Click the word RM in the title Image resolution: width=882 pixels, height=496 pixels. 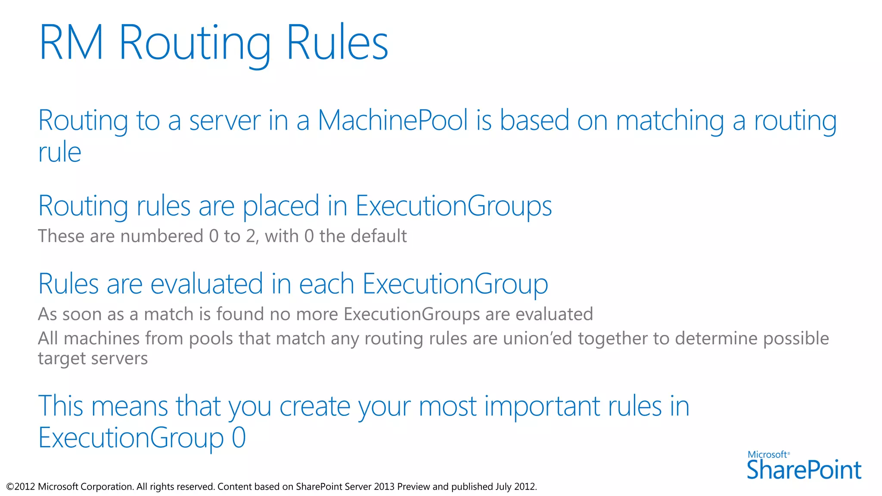[71, 43]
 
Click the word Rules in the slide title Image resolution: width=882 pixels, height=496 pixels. [337, 43]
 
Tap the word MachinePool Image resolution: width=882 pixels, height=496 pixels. [393, 120]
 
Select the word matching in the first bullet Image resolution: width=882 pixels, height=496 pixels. [670, 121]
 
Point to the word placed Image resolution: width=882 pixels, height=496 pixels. [281, 206]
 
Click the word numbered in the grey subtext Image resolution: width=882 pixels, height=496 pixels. [161, 236]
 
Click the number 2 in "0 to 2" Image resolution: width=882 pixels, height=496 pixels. [251, 236]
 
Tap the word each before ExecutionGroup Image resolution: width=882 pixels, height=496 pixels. [326, 284]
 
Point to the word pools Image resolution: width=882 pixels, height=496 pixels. [211, 339]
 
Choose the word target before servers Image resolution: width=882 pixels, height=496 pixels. [63, 359]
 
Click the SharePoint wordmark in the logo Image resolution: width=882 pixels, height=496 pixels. [804, 470]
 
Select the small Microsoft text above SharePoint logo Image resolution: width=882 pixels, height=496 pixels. [767, 455]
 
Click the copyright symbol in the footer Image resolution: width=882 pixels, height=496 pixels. [10, 487]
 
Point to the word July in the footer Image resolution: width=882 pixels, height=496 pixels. [503, 487]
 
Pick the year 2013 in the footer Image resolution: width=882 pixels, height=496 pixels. [384, 487]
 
